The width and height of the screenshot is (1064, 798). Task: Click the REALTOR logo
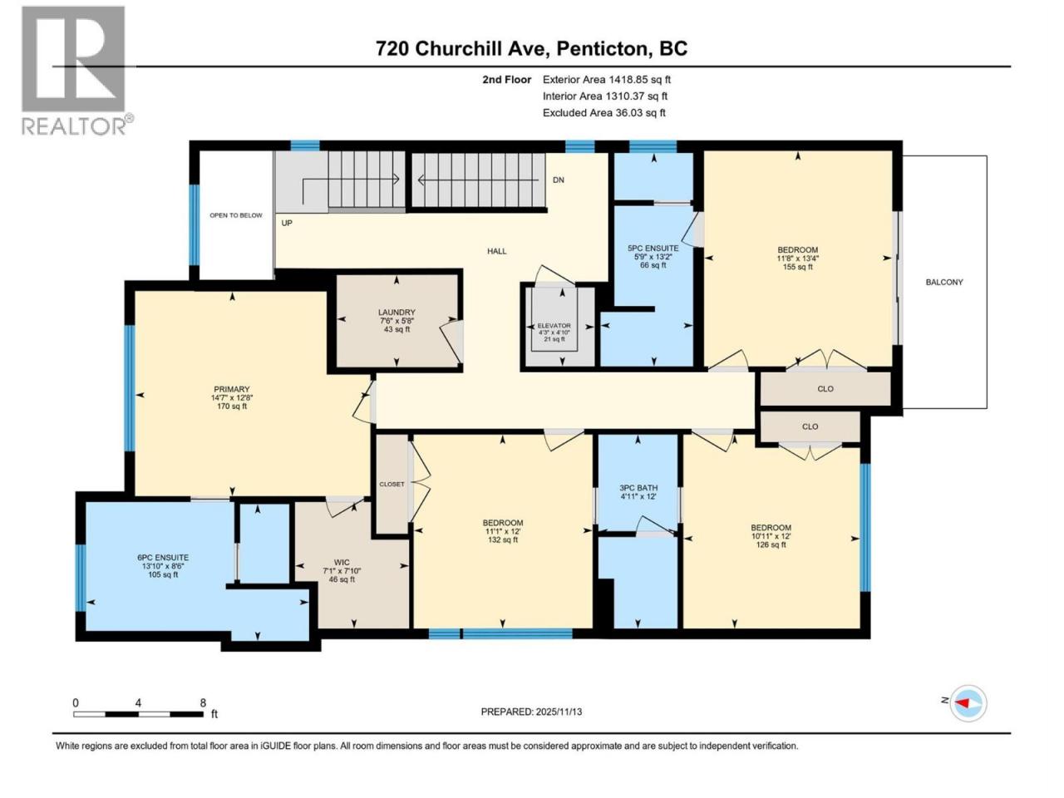pyautogui.click(x=77, y=71)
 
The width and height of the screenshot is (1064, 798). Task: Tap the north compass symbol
pyautogui.click(x=968, y=703)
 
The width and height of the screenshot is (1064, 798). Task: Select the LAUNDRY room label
pyautogui.click(x=397, y=313)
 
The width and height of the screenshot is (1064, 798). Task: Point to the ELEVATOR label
pyautogui.click(x=554, y=326)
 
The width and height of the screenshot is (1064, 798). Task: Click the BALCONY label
pyautogui.click(x=944, y=282)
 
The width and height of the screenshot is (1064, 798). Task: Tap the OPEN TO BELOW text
pyautogui.click(x=236, y=215)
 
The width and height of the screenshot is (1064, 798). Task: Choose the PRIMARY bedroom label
pyautogui.click(x=232, y=389)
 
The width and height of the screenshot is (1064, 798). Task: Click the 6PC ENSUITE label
pyautogui.click(x=163, y=558)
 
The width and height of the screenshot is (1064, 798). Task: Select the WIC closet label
pyautogui.click(x=342, y=562)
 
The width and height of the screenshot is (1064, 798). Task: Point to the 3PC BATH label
pyautogui.click(x=638, y=488)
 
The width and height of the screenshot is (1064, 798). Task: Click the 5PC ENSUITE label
pyautogui.click(x=653, y=248)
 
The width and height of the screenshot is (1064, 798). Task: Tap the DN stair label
pyautogui.click(x=559, y=180)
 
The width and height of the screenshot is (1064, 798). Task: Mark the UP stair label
pyautogui.click(x=287, y=223)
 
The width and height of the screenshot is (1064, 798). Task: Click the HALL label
pyautogui.click(x=497, y=251)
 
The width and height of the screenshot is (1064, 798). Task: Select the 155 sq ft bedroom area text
pyautogui.click(x=797, y=267)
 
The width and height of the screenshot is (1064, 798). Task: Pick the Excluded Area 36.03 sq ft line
pyautogui.click(x=604, y=113)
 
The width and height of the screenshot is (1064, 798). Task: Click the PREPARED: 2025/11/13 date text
pyautogui.click(x=531, y=712)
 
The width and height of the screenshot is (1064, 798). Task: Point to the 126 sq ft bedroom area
pyautogui.click(x=771, y=544)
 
